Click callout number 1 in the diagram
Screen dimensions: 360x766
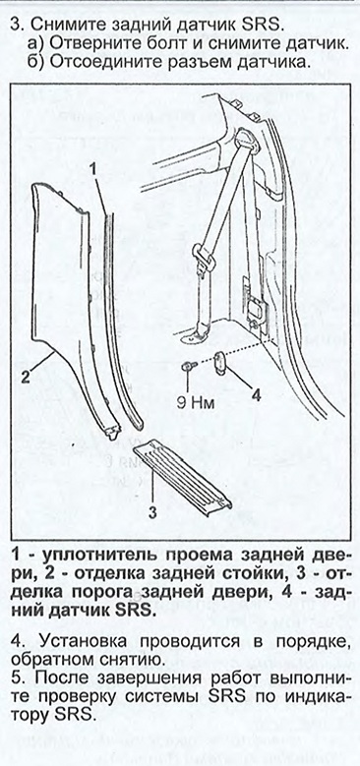pyautogui.click(x=94, y=167)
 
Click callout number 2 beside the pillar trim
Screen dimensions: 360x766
pyautogui.click(x=26, y=376)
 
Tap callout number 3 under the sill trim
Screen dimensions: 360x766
pyautogui.click(x=151, y=512)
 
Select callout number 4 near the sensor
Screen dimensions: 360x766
pyautogui.click(x=256, y=394)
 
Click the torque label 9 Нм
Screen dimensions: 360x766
pyautogui.click(x=197, y=403)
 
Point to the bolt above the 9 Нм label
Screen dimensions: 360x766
pyautogui.click(x=186, y=367)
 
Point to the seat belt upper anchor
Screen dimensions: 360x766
pyautogui.click(x=243, y=139)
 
